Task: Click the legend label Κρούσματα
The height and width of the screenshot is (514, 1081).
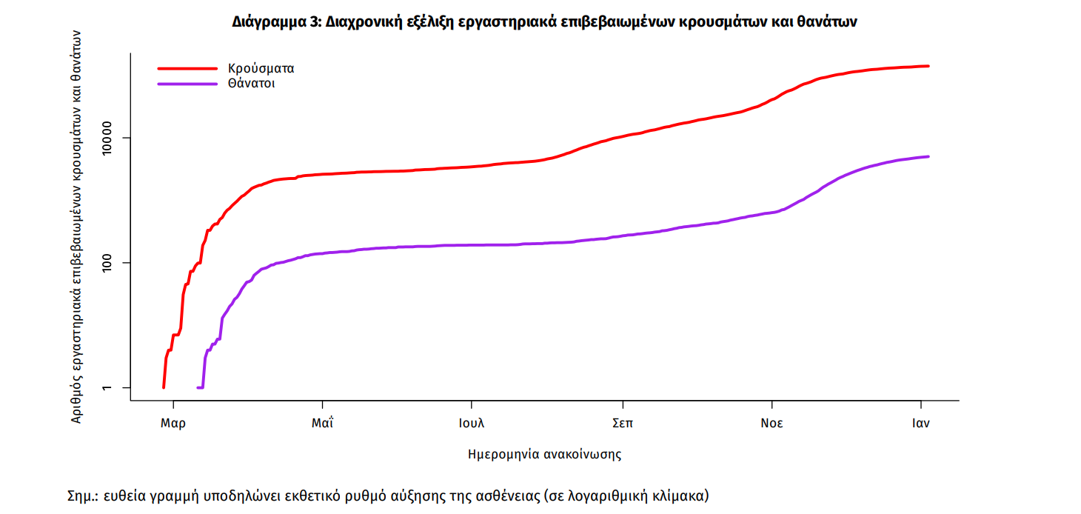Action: click(261, 68)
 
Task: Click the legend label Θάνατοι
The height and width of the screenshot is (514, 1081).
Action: click(252, 84)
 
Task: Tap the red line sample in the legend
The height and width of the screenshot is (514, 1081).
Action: click(187, 68)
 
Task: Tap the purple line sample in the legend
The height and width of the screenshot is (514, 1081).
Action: click(187, 84)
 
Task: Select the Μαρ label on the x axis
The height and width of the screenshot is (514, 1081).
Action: click(173, 424)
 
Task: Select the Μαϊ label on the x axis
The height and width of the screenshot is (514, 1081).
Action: click(322, 424)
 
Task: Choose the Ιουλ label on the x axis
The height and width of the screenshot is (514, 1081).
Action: click(472, 424)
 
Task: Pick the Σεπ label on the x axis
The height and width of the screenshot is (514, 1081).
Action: click(622, 424)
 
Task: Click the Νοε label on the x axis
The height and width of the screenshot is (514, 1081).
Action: click(772, 424)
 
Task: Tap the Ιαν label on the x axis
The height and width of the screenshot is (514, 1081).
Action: click(920, 424)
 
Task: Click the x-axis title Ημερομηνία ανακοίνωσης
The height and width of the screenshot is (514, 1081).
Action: click(544, 454)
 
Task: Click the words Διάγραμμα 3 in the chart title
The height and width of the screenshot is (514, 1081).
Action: click(276, 22)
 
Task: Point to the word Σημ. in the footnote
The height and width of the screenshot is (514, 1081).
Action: click(82, 495)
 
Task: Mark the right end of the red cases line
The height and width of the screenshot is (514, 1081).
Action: click(928, 66)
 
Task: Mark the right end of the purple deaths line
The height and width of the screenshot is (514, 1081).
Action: click(928, 156)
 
